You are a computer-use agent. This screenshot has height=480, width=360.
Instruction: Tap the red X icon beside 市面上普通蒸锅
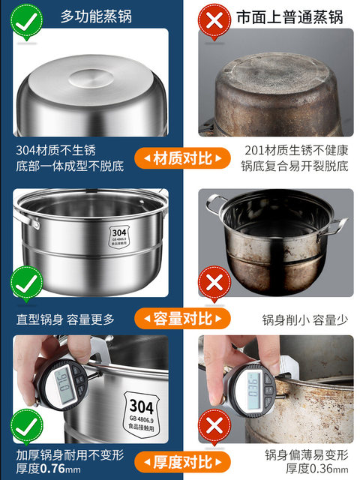214,21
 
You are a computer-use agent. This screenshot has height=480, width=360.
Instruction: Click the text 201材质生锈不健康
295,149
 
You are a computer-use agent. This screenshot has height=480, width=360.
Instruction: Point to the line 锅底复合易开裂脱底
295,166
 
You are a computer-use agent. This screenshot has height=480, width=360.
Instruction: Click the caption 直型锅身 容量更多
66,319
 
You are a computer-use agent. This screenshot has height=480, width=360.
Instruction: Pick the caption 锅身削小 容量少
305,319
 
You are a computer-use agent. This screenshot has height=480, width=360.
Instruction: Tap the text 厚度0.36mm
309,469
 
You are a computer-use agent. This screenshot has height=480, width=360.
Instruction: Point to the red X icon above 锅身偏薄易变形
214,426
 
